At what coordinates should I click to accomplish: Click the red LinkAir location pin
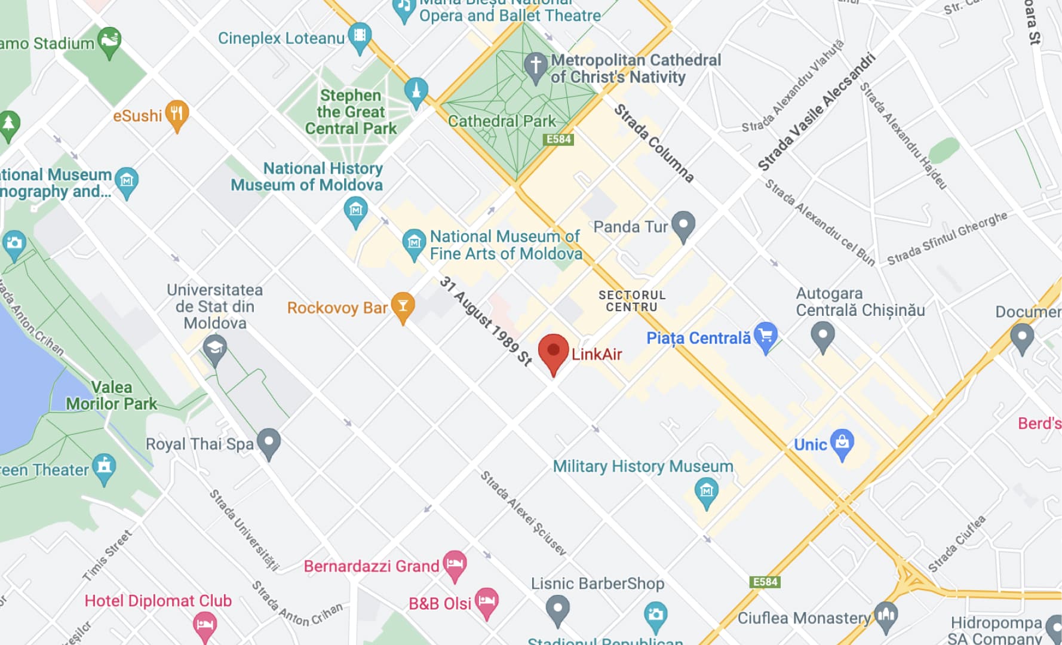tap(553, 351)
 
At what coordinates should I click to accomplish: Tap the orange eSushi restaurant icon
tap(177, 113)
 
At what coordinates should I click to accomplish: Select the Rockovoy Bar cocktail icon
tap(403, 305)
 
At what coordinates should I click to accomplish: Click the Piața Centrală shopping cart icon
tap(765, 335)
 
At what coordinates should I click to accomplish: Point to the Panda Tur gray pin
tap(683, 225)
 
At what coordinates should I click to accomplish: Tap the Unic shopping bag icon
tap(842, 443)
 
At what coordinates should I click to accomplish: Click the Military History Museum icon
tap(707, 492)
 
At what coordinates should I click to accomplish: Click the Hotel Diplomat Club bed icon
tap(205, 626)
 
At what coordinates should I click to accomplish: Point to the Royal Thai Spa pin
tap(269, 442)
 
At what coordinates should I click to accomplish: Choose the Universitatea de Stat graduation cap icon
tap(214, 348)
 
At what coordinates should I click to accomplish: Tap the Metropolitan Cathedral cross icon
tap(535, 64)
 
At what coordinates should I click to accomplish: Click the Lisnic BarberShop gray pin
tap(557, 609)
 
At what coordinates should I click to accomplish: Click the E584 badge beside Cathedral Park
tap(559, 139)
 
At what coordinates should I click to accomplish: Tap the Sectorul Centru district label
tap(632, 300)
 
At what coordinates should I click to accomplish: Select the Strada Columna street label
tap(654, 143)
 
